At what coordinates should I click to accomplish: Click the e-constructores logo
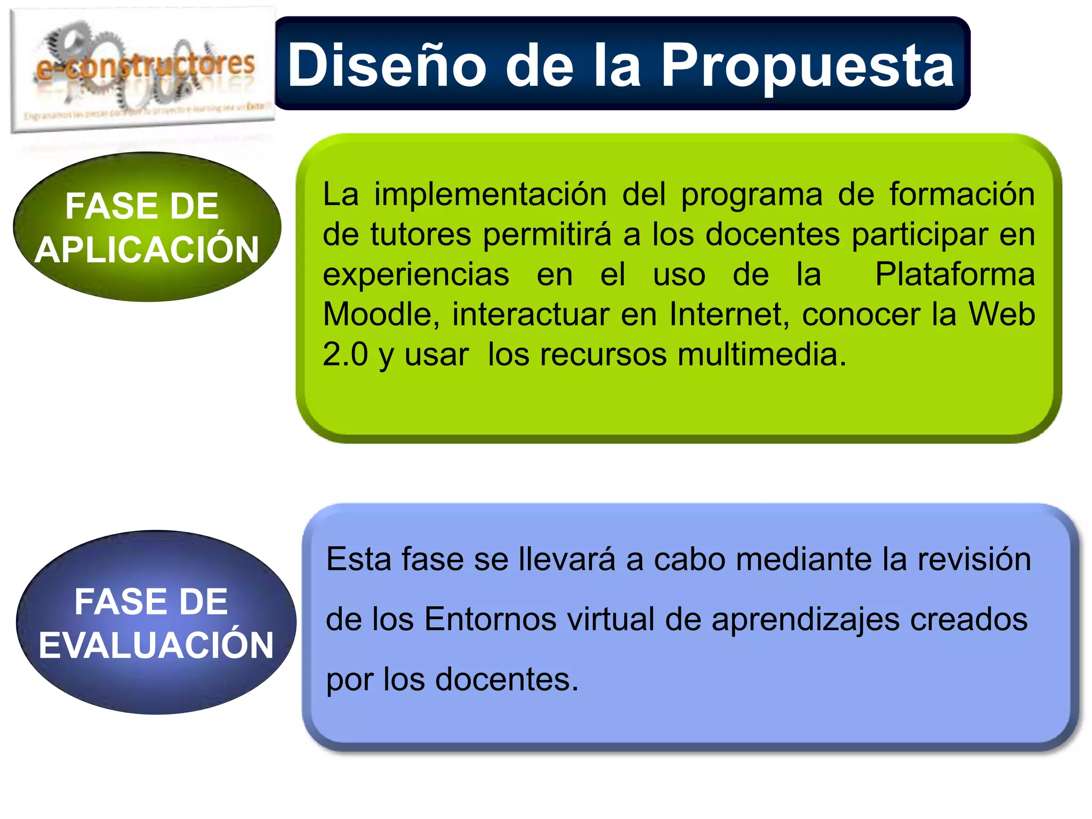(143, 69)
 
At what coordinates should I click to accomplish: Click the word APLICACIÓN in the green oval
(147, 250)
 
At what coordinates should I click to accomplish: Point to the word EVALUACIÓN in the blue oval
(156, 645)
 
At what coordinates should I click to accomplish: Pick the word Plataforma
(954, 274)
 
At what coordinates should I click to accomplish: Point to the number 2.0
(346, 354)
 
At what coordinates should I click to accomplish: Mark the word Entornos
(490, 620)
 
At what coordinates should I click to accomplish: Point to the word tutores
(421, 234)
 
